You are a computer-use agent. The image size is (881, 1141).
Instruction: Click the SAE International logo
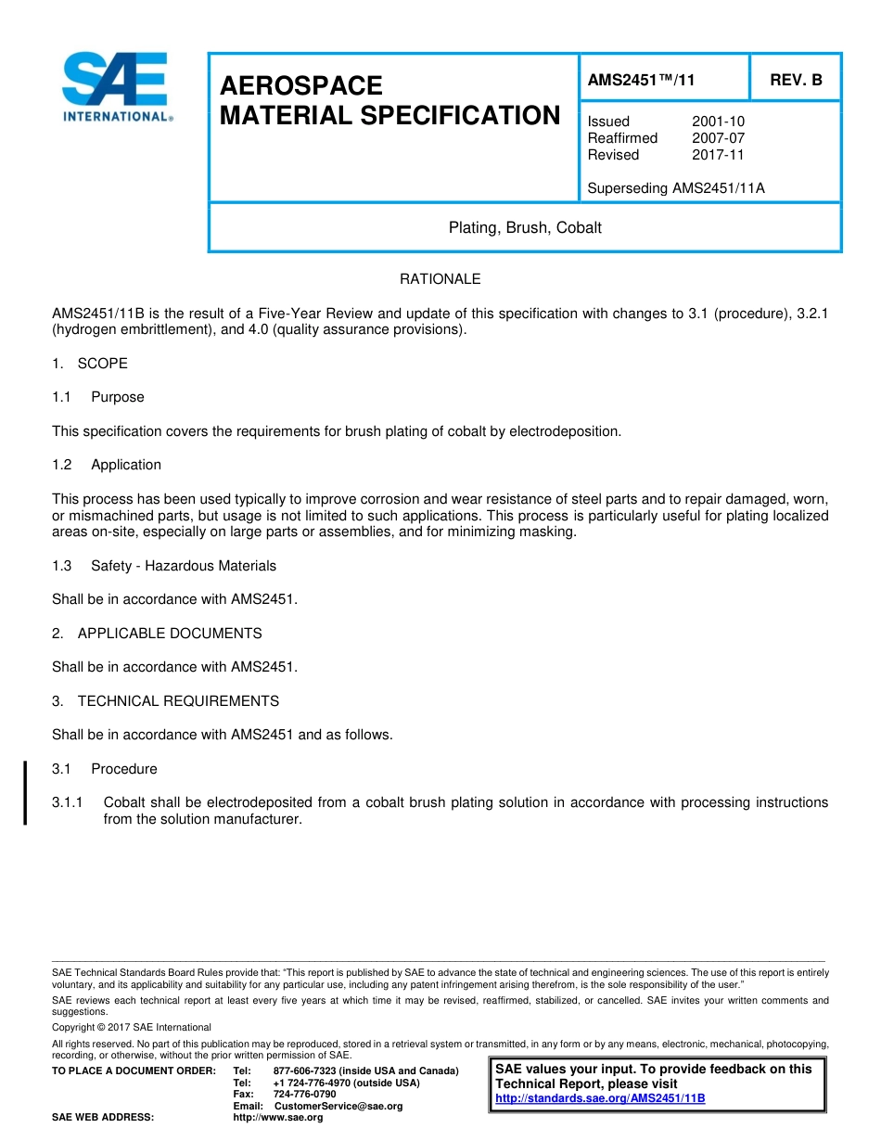[x=116, y=86]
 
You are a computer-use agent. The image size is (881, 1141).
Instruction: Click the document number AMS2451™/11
[x=641, y=81]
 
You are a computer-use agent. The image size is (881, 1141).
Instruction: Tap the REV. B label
[x=796, y=81]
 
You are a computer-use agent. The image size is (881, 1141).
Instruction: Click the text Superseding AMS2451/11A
[x=676, y=188]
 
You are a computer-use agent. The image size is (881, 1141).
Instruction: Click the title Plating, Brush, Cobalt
[x=525, y=227]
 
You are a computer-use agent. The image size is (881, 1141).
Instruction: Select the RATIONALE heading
[x=440, y=279]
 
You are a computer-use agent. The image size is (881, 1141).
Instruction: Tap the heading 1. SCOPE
[x=90, y=364]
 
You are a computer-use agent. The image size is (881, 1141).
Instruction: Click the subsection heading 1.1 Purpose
[x=98, y=397]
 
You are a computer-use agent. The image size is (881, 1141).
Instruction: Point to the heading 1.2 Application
[x=107, y=465]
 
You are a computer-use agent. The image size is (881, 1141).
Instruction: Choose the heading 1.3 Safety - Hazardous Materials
[x=164, y=566]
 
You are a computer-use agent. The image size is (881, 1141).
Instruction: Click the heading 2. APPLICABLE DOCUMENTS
[x=157, y=634]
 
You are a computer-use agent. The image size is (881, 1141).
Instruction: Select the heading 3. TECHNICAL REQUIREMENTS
[x=165, y=701]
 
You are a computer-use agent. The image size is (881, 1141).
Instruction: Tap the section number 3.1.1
[x=68, y=802]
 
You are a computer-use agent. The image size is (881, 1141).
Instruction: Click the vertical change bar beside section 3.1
[x=25, y=792]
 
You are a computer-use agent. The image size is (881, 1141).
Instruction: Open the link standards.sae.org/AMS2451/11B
[x=600, y=1098]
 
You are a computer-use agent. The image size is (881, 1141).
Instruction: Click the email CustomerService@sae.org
[x=338, y=1106]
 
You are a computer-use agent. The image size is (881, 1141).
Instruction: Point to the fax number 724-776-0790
[x=304, y=1095]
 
